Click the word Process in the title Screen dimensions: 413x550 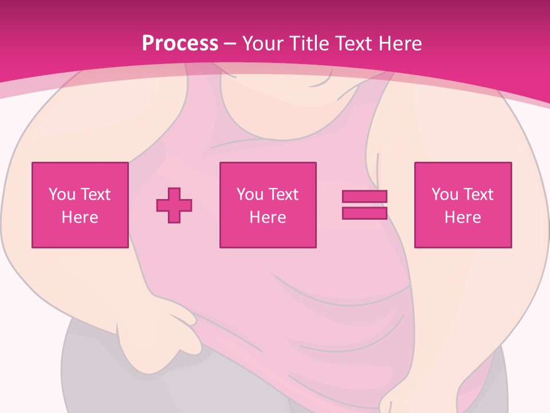coord(180,44)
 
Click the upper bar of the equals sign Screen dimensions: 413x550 coord(364,196)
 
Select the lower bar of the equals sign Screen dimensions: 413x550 coord(364,213)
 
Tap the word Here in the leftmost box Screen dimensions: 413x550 coord(80,217)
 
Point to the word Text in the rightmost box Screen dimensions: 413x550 coord(479,194)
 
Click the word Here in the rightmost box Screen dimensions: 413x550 coord(463,217)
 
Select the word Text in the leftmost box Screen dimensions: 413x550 coord(96,194)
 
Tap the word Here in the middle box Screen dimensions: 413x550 coord(268,217)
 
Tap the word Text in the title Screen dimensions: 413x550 coord(353,44)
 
